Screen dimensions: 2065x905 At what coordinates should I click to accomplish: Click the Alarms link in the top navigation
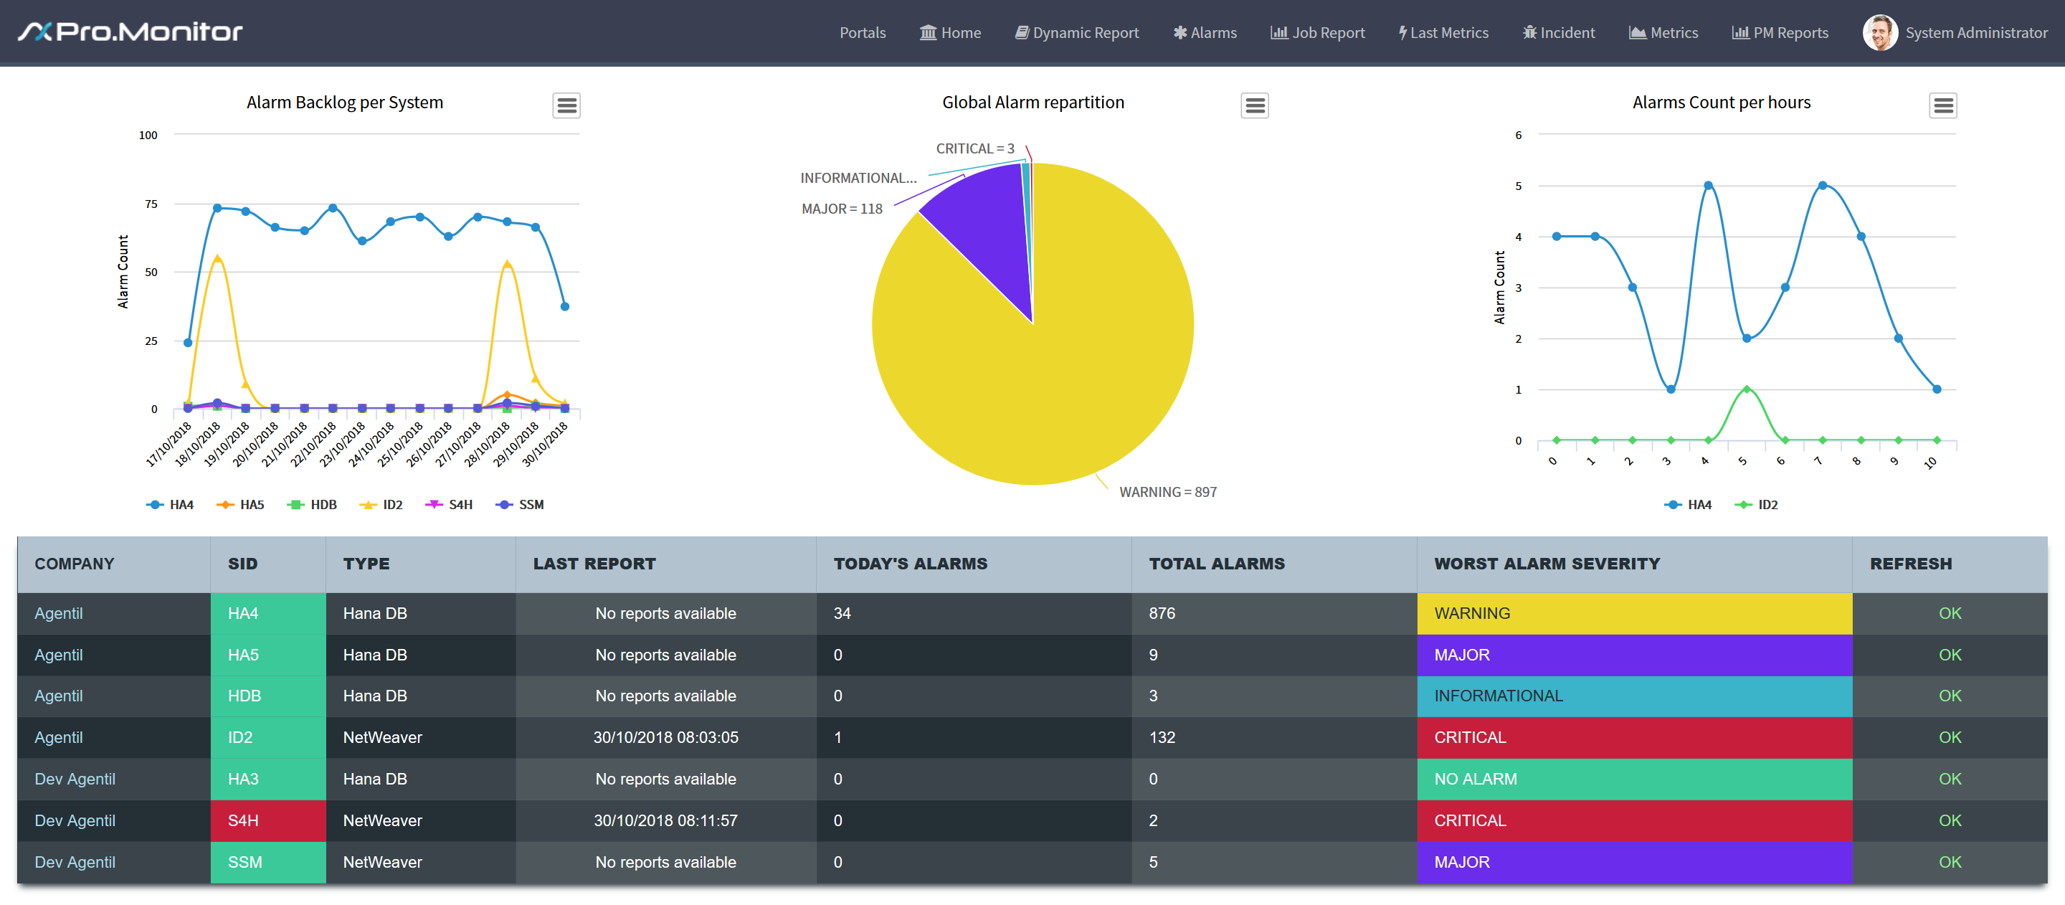pyautogui.click(x=1205, y=33)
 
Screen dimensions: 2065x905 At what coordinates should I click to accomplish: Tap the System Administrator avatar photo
pyautogui.click(x=1880, y=33)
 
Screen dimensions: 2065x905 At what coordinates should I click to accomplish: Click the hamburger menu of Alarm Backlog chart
pyautogui.click(x=566, y=105)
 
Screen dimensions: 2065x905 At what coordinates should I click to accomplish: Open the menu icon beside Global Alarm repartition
pyautogui.click(x=1255, y=105)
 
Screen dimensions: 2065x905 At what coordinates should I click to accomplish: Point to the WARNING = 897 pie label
pyautogui.click(x=1168, y=492)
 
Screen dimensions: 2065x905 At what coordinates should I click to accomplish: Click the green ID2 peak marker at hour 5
pyautogui.click(x=1746, y=389)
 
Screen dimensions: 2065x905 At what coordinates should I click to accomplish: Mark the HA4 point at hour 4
pyautogui.click(x=1708, y=186)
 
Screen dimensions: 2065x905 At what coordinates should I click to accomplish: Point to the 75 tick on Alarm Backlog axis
pyautogui.click(x=151, y=204)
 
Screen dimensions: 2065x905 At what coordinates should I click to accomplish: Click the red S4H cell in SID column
pyautogui.click(x=267, y=821)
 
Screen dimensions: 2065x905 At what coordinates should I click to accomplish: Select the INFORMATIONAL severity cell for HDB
pyautogui.click(x=1634, y=696)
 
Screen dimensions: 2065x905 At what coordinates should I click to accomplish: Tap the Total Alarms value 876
pyautogui.click(x=1162, y=613)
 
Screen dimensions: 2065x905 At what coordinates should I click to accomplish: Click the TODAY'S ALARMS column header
pyautogui.click(x=910, y=564)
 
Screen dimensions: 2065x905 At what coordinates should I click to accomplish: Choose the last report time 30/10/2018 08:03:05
pyautogui.click(x=665, y=737)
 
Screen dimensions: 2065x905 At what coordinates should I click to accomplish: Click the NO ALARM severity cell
pyautogui.click(x=1634, y=780)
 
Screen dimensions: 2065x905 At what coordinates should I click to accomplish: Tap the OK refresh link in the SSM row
pyautogui.click(x=1950, y=863)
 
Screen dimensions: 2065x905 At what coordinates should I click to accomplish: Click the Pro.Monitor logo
pyautogui.click(x=130, y=32)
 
